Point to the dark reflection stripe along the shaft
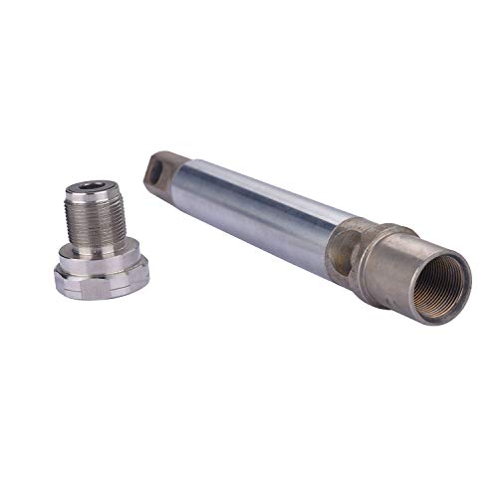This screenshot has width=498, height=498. coord(249,224)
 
